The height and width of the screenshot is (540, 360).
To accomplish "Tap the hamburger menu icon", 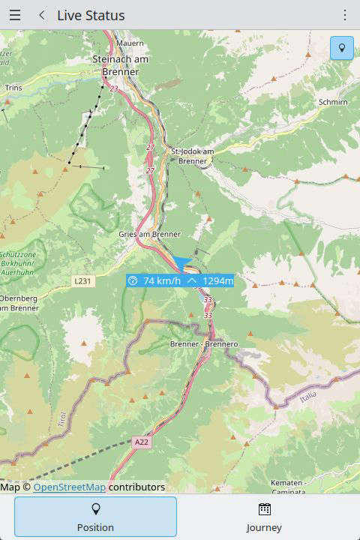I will click(x=15, y=15).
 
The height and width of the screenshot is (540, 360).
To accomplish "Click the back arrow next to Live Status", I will click(x=42, y=15).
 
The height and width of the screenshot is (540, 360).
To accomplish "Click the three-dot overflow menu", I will click(x=345, y=15).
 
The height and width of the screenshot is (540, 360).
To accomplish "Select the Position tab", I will click(x=95, y=517).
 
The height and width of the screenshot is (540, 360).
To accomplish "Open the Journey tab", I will click(x=264, y=517).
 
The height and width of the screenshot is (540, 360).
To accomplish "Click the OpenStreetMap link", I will click(x=69, y=487).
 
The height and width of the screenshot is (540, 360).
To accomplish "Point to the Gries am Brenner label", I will click(x=150, y=234).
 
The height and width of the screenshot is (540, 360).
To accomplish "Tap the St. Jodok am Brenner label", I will click(x=193, y=156).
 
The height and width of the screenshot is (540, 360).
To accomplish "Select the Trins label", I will click(x=13, y=88).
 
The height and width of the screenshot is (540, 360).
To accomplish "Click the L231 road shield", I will click(x=82, y=280).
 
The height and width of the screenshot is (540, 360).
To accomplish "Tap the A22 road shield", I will click(x=142, y=442).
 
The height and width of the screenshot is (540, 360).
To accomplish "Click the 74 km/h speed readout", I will click(x=156, y=281).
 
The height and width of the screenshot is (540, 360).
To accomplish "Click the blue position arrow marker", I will click(x=183, y=262).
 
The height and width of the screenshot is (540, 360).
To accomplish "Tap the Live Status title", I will click(x=91, y=15).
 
